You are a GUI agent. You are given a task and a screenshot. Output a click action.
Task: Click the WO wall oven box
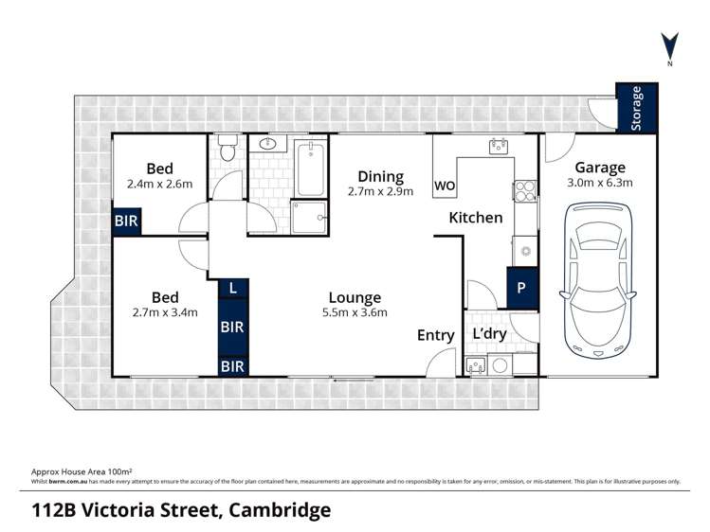tap(445, 186)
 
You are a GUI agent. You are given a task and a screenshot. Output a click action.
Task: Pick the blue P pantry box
tap(522, 288)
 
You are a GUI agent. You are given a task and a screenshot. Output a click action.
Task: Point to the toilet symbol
tap(227, 150)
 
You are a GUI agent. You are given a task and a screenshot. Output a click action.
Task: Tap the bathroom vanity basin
tap(266, 145)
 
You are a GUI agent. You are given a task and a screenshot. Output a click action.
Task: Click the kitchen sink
tap(498, 146)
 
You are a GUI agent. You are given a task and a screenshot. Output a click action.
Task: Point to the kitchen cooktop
tap(525, 190)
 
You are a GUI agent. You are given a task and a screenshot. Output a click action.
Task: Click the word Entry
tap(436, 335)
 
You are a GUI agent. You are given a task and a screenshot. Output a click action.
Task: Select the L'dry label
tap(489, 335)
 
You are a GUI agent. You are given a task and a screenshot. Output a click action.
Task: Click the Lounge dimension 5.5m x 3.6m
tap(355, 312)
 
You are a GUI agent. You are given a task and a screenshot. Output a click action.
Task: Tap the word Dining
tap(381, 176)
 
